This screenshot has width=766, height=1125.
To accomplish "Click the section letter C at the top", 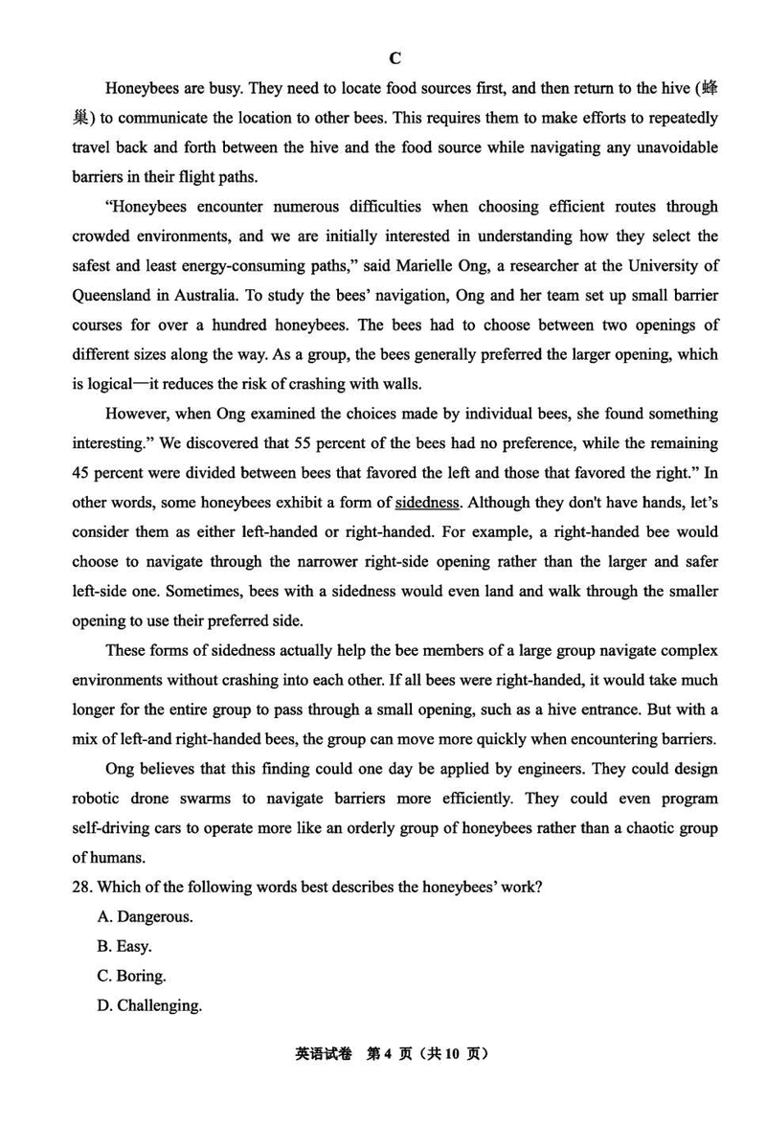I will (394, 58).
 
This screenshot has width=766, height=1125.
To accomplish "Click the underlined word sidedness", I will (427, 502).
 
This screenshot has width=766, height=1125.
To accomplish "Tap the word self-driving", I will (115, 828).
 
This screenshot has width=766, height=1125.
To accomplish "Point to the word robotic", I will (98, 799).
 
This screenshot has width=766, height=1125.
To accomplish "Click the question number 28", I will (82, 887).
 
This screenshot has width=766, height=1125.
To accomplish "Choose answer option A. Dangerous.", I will (145, 916).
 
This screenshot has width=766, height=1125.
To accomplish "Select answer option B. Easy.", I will (124, 946).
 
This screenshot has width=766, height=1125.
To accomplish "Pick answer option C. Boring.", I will (132, 976).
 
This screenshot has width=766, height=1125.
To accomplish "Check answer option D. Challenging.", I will (149, 1005).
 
